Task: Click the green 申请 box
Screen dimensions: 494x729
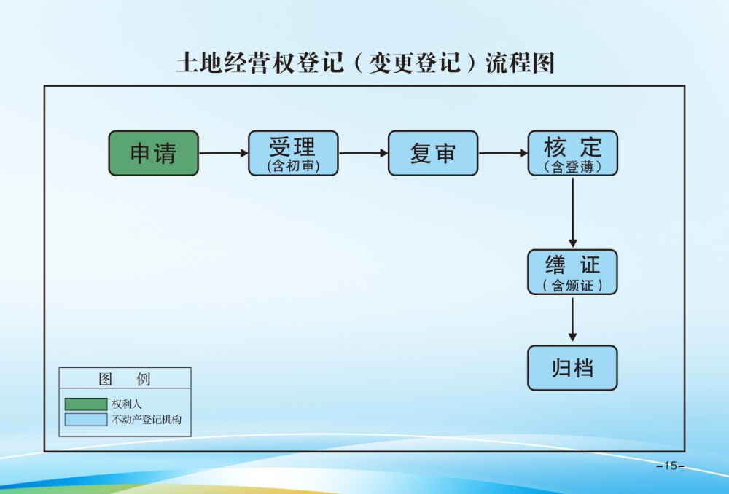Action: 153,153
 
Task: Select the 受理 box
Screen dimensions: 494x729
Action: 293,153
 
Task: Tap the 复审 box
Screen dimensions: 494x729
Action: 433,153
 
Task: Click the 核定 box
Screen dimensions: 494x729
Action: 572,153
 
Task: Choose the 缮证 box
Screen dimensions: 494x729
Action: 572,272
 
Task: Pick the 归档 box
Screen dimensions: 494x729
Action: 572,368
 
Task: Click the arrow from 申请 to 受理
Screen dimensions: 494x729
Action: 223,153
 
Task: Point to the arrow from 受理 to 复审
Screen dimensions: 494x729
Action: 363,153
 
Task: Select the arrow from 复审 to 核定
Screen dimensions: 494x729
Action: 503,153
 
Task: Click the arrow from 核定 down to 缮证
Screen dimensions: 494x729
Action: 572,212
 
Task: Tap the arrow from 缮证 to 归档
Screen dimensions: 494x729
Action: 572,319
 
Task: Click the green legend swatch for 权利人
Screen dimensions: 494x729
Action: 85,404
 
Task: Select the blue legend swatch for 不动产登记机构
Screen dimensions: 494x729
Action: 85,420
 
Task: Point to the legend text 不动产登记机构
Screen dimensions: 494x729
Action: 146,420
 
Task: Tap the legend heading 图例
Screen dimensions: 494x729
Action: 125,379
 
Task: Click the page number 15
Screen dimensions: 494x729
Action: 670,466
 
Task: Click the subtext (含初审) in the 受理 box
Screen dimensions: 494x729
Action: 293,167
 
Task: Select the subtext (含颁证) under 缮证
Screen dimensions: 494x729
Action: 572,286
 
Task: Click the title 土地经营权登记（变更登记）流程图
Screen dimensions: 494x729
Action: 365,63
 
